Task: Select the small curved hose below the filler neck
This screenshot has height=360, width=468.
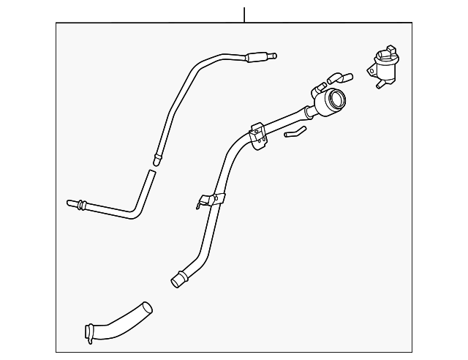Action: click(x=295, y=132)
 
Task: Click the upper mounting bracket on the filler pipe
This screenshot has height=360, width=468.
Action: click(x=257, y=135)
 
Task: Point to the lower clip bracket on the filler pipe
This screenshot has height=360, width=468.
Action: click(x=210, y=200)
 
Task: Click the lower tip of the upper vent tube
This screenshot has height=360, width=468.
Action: click(x=156, y=156)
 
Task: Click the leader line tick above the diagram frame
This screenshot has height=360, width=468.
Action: click(x=244, y=14)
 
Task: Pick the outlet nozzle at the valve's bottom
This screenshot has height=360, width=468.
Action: click(x=380, y=86)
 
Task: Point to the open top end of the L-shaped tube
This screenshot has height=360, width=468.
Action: click(x=151, y=173)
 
